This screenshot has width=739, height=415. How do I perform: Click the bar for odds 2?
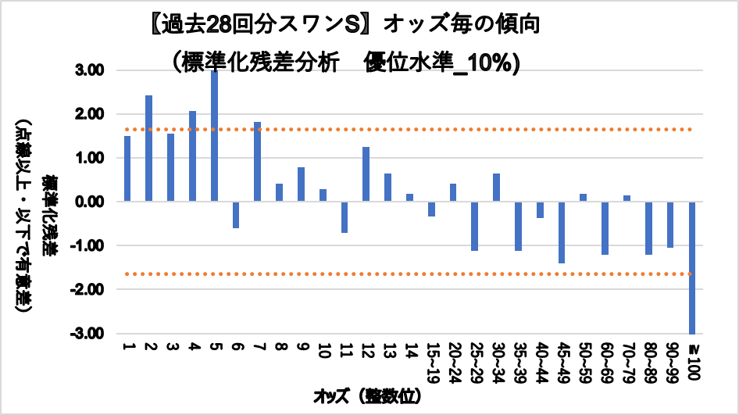coord(148,148)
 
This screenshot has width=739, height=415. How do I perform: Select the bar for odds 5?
coord(214,136)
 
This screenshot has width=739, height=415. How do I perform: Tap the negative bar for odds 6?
coord(236,215)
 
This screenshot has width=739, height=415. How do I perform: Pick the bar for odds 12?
coord(366,174)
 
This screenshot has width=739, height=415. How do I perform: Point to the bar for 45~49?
coord(561,232)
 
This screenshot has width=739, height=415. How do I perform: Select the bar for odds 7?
coord(257,162)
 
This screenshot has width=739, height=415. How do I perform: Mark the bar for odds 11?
coord(344,217)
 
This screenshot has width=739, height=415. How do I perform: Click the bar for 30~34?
coord(496,188)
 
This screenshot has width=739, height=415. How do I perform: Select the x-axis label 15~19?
coord(431,356)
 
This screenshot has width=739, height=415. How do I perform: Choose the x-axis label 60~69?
coord(605,356)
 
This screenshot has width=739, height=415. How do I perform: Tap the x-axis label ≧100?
coord(692,355)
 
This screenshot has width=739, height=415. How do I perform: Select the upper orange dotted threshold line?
coord(406,129)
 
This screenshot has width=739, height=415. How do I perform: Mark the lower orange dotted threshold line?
coord(406,274)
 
